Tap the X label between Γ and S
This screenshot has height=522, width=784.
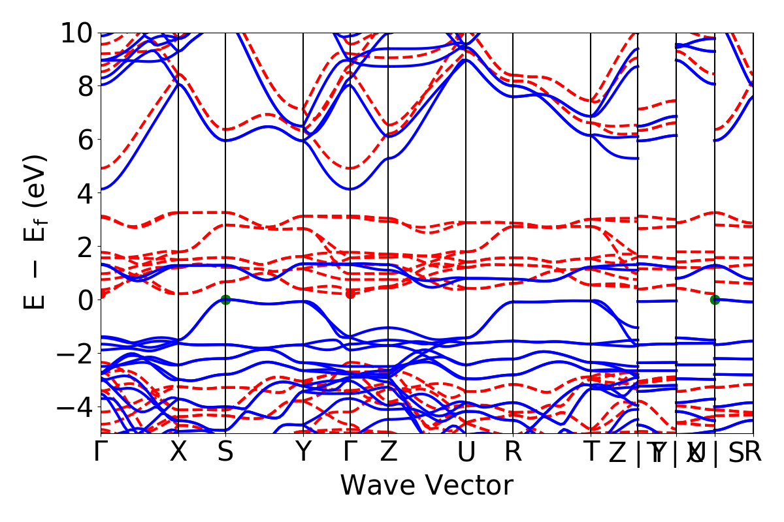click(178, 452)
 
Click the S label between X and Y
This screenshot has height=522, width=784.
click(225, 452)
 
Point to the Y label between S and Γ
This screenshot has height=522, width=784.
click(303, 452)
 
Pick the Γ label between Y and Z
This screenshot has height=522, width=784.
click(350, 452)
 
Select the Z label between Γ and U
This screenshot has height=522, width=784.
click(388, 452)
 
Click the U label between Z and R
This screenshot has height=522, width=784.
click(466, 452)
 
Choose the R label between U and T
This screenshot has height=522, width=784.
click(513, 452)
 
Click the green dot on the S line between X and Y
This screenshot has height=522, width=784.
click(225, 299)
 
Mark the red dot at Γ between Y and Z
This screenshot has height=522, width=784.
click(350, 294)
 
